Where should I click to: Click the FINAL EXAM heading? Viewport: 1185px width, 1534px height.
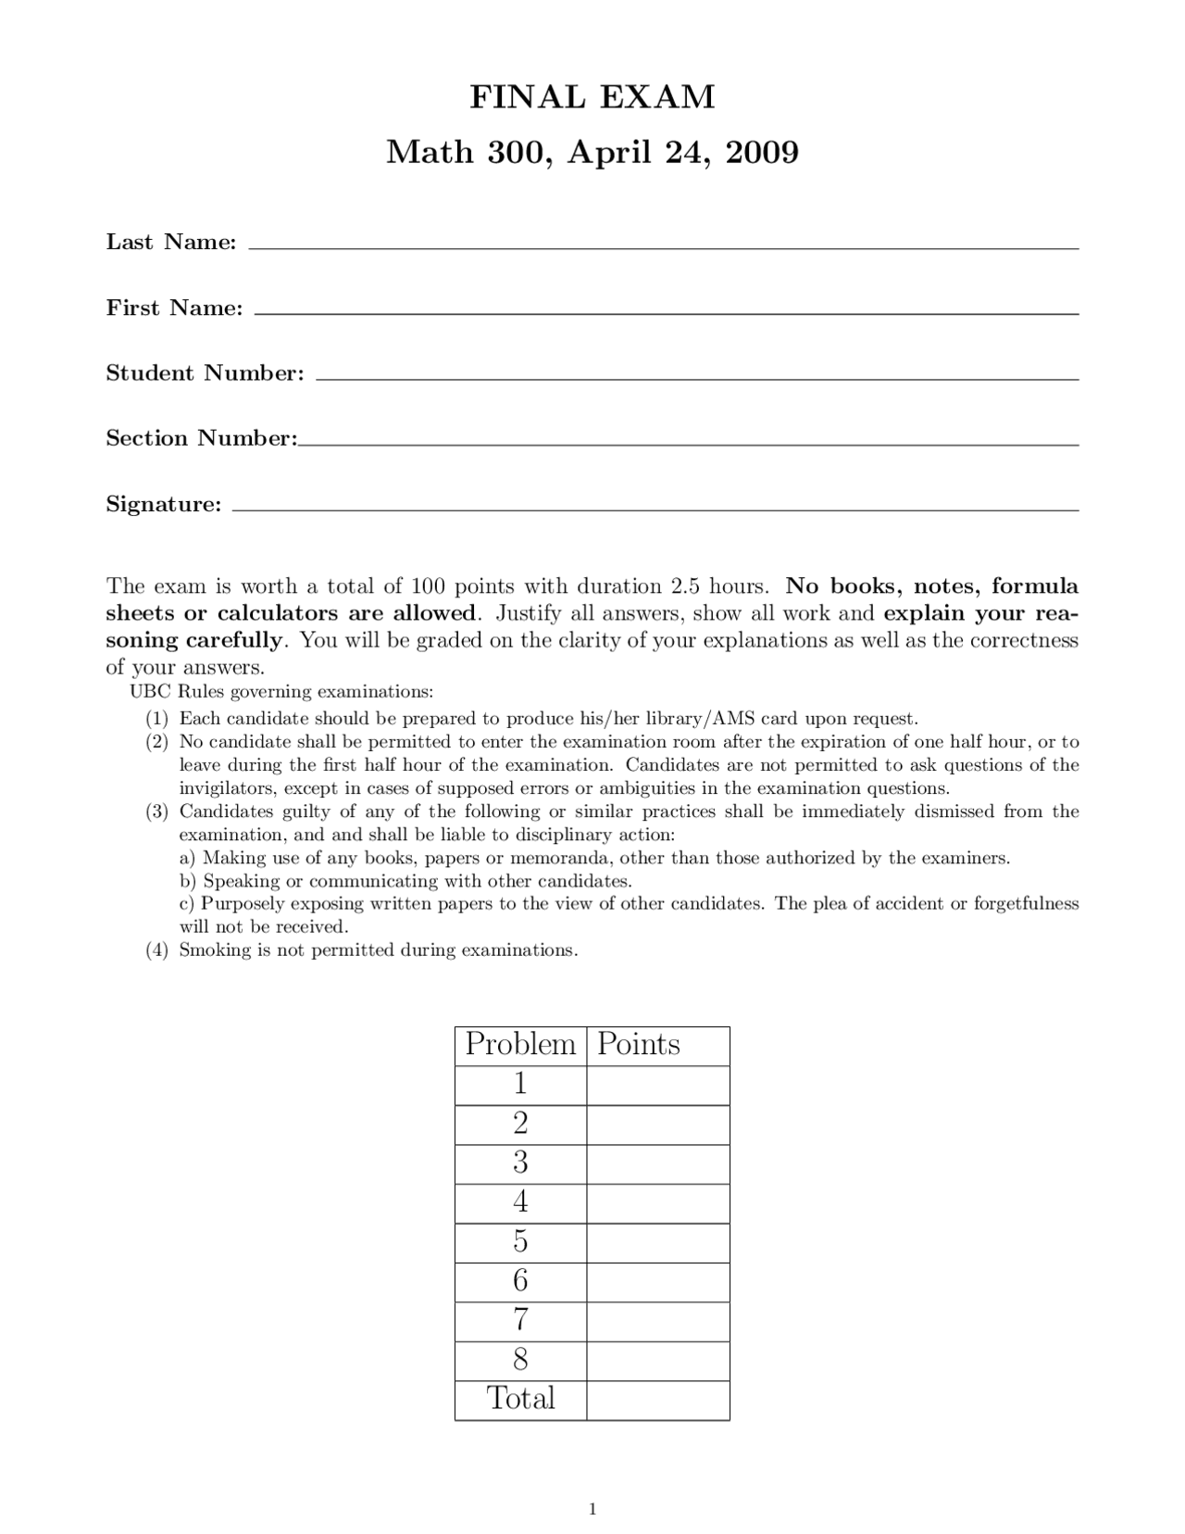(x=592, y=96)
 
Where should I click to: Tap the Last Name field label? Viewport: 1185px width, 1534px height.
(x=171, y=243)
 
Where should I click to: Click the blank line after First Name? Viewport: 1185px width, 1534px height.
(x=666, y=313)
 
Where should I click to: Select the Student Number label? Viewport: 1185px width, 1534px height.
(x=205, y=373)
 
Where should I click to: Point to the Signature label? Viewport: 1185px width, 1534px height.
(x=164, y=505)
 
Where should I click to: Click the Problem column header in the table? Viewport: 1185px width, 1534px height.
(x=520, y=1045)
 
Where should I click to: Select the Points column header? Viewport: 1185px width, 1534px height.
(x=639, y=1045)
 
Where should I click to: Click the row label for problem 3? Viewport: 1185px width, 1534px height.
(x=520, y=1163)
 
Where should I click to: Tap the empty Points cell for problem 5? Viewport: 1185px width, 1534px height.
(x=657, y=1242)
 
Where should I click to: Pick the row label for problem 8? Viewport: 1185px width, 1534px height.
(x=520, y=1360)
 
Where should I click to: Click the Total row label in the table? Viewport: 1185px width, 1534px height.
(x=520, y=1399)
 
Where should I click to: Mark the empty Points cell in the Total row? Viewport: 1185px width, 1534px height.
(x=657, y=1400)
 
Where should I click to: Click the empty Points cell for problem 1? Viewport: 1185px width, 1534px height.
(x=657, y=1085)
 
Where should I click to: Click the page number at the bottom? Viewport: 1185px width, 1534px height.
(x=592, y=1510)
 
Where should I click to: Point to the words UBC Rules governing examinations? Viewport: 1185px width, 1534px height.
(x=281, y=692)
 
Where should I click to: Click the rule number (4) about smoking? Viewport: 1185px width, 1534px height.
(x=156, y=950)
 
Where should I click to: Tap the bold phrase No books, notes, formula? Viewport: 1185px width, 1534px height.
(x=931, y=586)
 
